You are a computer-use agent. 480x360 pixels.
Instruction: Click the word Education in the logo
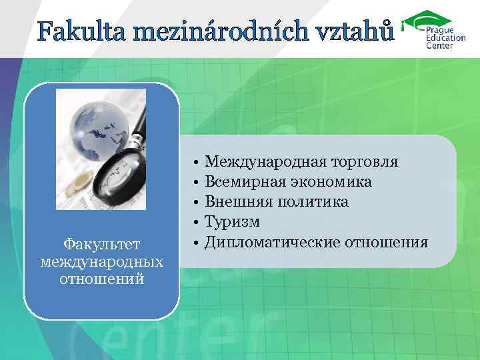tap(442, 38)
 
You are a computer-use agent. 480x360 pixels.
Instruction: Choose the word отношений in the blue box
tap(101, 278)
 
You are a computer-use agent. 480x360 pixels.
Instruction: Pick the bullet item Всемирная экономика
tap(288, 181)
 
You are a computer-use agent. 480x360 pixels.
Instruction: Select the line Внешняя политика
tap(276, 201)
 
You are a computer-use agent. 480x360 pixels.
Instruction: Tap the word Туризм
tap(232, 221)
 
